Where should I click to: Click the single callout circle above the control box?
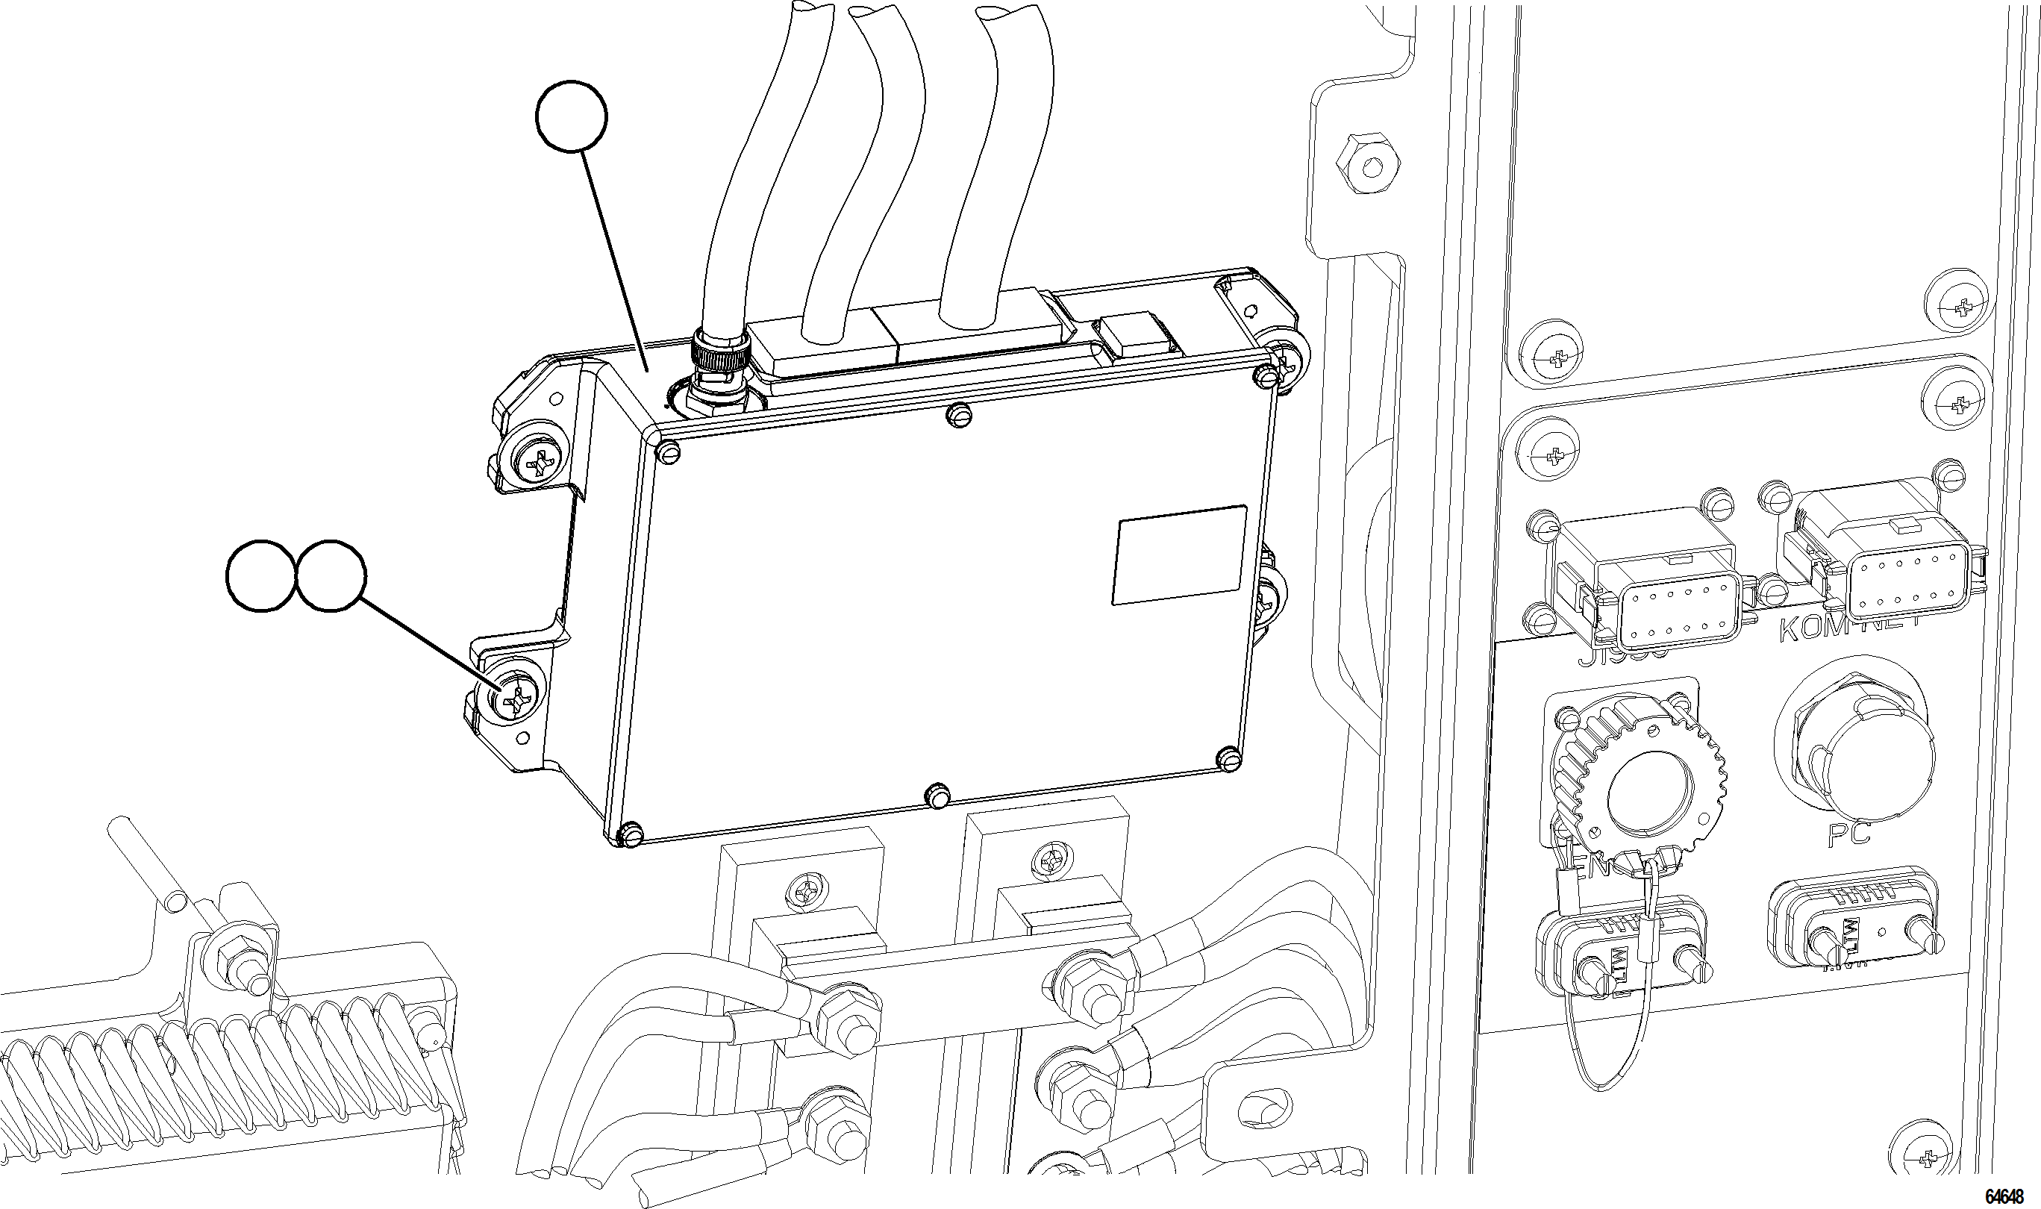[x=572, y=116]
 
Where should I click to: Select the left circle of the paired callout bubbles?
[x=260, y=575]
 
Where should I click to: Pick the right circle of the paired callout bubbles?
[x=329, y=575]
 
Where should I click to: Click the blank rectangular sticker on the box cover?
[x=1178, y=554]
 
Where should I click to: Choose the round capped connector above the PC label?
[x=1854, y=748]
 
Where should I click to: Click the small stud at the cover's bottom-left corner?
[x=631, y=834]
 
